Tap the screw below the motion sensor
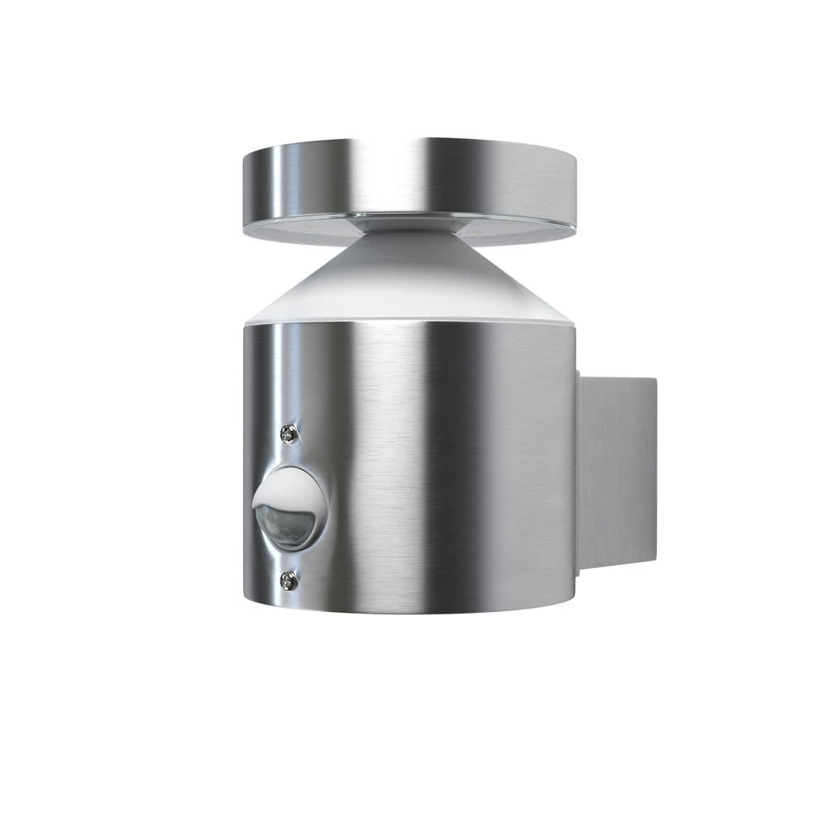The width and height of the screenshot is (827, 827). click(x=288, y=581)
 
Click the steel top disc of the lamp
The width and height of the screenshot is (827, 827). click(x=409, y=178)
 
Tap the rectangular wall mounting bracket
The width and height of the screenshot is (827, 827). click(x=616, y=471)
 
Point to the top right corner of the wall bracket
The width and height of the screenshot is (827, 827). click(x=655, y=380)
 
